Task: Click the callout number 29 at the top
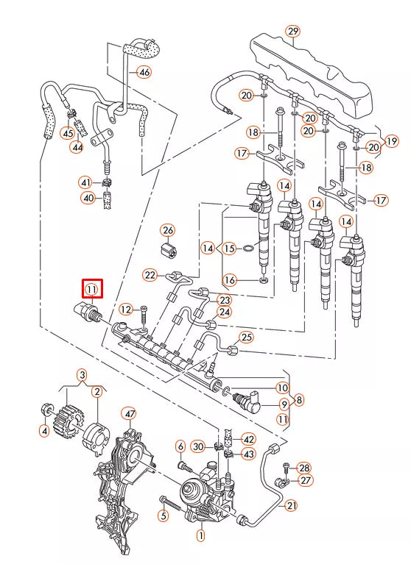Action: (293, 31)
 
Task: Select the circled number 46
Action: (144, 72)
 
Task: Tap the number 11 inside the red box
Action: (92, 288)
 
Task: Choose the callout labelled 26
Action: (168, 229)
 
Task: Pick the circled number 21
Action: (291, 505)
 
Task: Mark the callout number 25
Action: (247, 338)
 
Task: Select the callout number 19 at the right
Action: (391, 140)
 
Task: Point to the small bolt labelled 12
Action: (144, 313)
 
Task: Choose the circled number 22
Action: (150, 275)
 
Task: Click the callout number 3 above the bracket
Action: (82, 374)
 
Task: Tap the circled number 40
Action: (88, 198)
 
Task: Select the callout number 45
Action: (67, 133)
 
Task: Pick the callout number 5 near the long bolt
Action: (164, 515)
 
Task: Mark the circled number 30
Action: (197, 446)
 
